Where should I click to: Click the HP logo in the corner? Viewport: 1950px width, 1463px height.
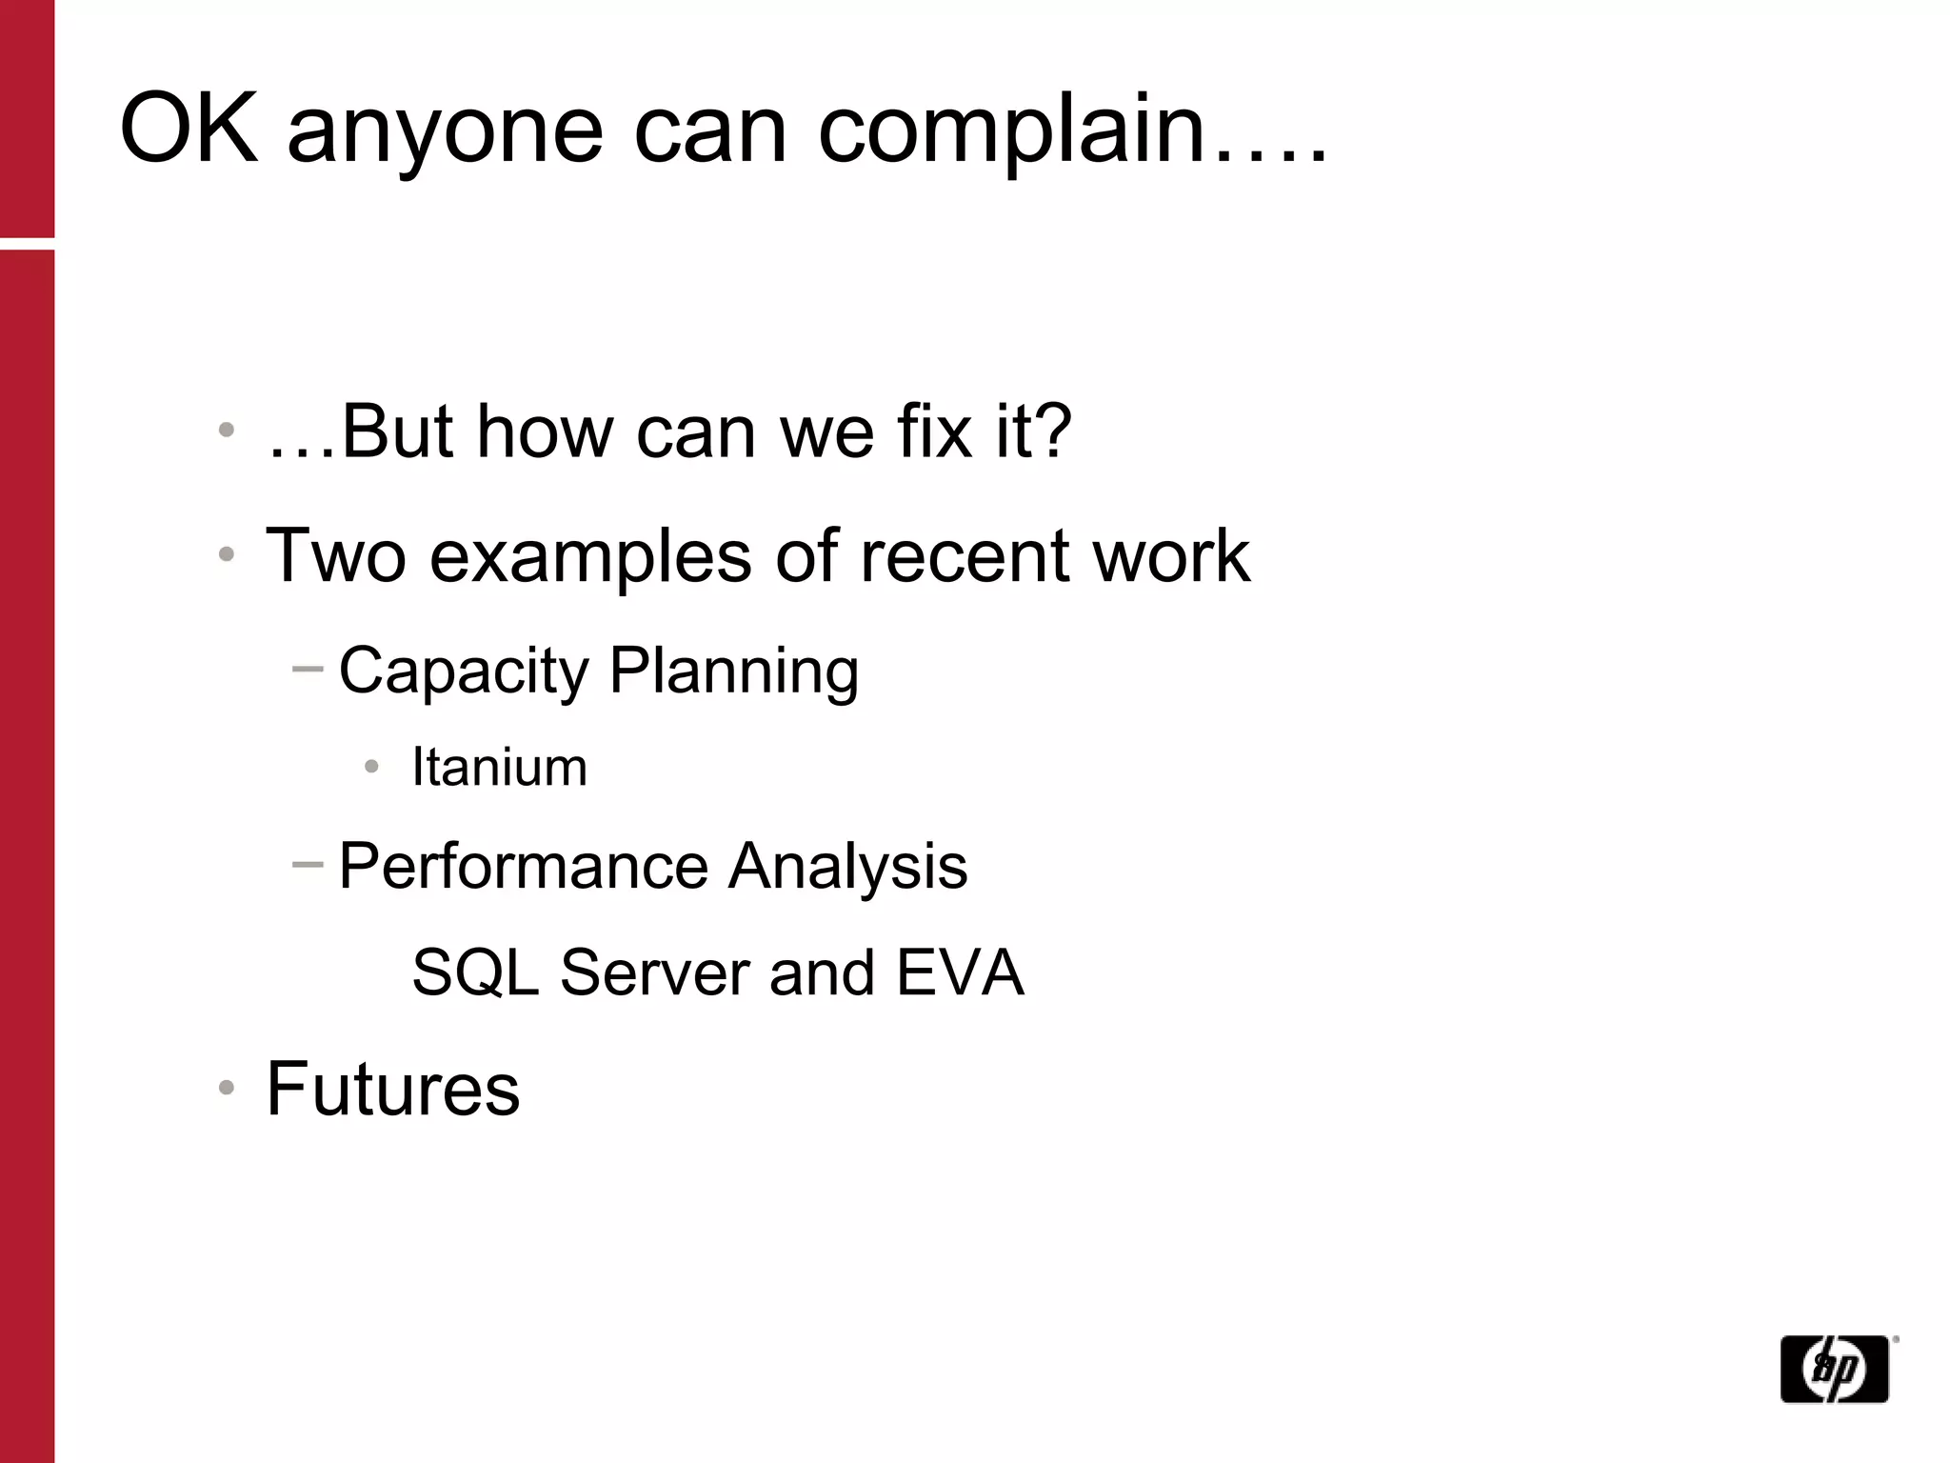1835,1369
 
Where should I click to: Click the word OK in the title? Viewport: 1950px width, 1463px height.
189,129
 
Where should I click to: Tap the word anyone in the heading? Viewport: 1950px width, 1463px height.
445,133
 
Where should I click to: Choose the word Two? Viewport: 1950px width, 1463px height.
335,555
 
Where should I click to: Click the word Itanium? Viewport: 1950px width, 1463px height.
499,767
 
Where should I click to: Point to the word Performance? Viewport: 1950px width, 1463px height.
523,866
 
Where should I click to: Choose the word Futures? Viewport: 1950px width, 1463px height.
392,1089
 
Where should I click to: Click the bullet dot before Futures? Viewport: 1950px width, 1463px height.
226,1088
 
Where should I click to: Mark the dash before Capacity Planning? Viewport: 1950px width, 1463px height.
308,670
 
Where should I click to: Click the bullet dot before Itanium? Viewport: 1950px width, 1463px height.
371,767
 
